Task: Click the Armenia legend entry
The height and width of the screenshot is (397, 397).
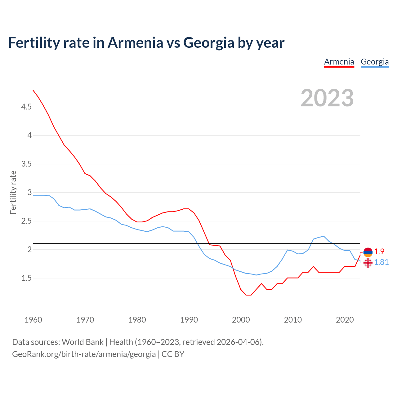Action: coord(339,62)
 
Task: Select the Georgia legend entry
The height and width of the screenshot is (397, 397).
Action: coord(375,62)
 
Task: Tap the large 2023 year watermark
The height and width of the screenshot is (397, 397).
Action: coord(327,98)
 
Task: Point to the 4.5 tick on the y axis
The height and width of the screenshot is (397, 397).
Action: coord(26,107)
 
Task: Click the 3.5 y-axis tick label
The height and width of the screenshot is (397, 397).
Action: coord(26,164)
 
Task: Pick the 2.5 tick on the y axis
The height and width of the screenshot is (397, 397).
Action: coord(26,221)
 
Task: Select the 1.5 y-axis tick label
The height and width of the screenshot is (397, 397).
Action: coord(26,278)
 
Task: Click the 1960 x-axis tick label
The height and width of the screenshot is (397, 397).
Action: coord(33,320)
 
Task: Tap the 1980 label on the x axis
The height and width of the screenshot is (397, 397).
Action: coord(137,320)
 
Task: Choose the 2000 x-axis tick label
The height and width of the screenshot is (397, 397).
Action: coord(241,320)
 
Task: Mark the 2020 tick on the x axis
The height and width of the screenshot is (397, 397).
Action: coord(345,320)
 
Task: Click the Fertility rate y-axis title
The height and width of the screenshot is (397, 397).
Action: coord(13,192)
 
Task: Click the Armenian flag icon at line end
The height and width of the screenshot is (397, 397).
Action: coord(368,252)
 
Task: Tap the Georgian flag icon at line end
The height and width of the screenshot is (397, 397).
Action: coord(368,263)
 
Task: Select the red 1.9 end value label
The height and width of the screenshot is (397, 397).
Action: coord(379,252)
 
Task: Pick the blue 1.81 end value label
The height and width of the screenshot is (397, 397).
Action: coord(381,262)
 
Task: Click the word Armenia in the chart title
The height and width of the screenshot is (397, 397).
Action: coord(135,42)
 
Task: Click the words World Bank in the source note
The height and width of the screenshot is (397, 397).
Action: coord(83,342)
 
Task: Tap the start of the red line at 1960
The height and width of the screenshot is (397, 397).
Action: coord(33,90)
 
